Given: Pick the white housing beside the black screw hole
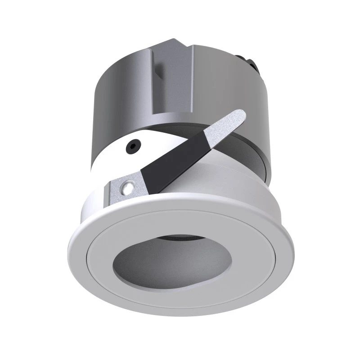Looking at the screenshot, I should click(x=112, y=157).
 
